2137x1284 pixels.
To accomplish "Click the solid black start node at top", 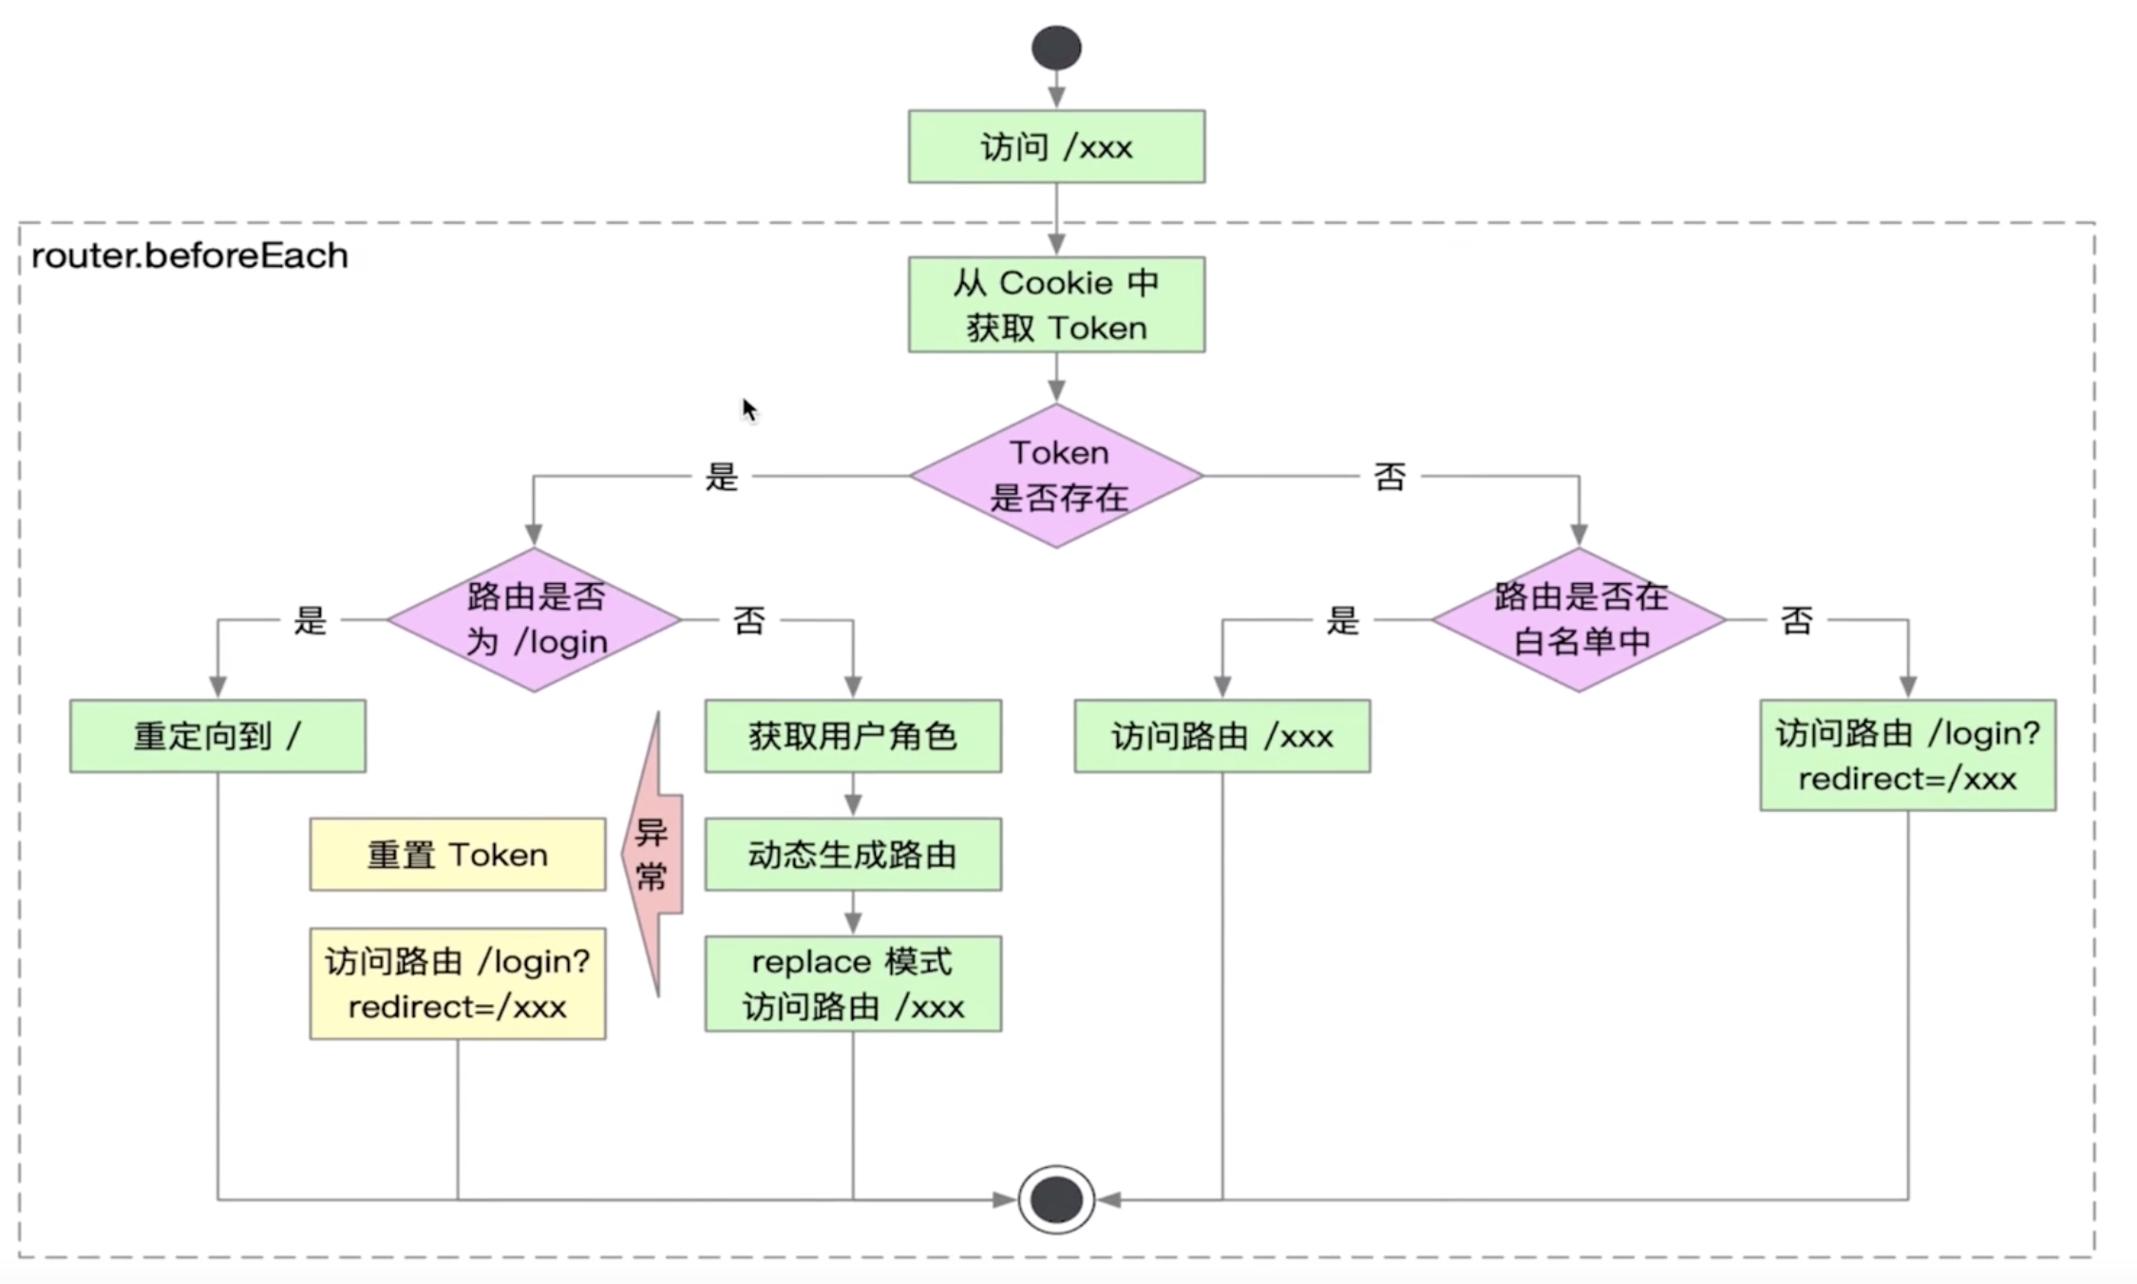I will (1056, 47).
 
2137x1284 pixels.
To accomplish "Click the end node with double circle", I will (1056, 1199).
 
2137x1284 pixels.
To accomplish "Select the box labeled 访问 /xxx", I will (1056, 146).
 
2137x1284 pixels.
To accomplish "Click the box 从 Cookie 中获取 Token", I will (1056, 305).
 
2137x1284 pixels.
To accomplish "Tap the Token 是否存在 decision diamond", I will (1056, 476).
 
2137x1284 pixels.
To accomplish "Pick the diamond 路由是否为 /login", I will (534, 619).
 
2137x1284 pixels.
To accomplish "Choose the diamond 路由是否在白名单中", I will (1579, 619).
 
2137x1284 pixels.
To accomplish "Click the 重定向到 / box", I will (217, 736).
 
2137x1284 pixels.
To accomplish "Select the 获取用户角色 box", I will (852, 736).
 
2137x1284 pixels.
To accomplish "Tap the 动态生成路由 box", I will (852, 854).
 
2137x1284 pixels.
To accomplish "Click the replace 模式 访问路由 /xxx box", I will (852, 984).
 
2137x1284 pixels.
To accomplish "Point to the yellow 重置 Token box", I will (457, 854).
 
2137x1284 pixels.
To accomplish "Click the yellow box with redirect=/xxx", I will (457, 984).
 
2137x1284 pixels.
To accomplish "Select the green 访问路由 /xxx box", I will (1221, 736).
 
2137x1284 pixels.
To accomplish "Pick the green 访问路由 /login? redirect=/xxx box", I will (1907, 755).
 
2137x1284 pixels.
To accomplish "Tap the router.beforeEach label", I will (190, 255).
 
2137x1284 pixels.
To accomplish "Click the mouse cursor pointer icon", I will (749, 410).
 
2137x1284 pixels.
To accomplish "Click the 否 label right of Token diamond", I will (1389, 477).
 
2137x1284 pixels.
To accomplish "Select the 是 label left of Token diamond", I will (721, 477).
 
